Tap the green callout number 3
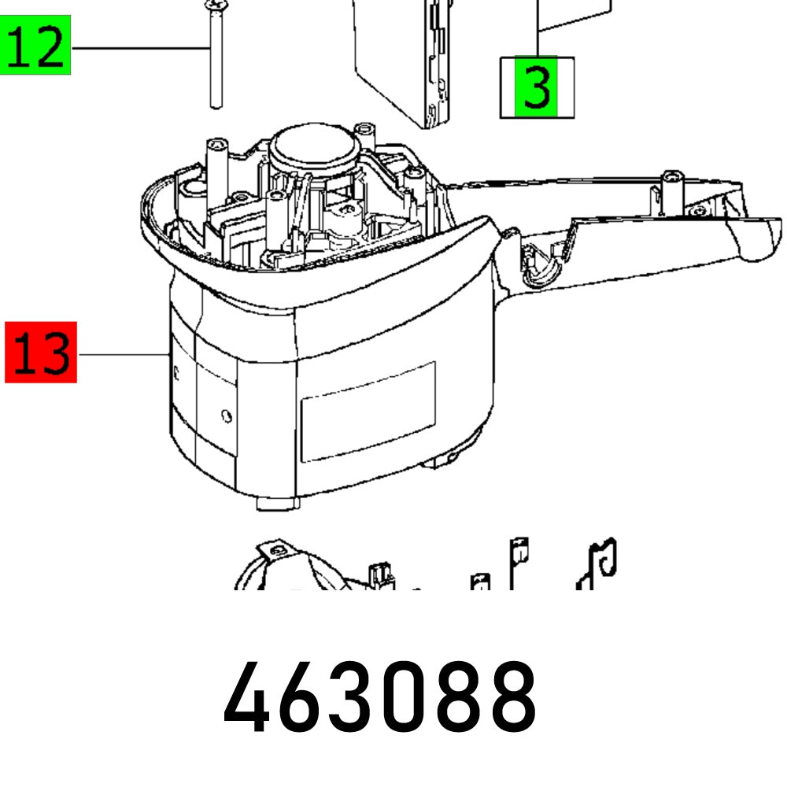pos(537,87)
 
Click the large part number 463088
pos(381,696)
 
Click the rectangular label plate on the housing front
pos(368,411)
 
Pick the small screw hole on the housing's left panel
pos(227,414)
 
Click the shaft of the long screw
pos(214,63)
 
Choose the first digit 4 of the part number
pos(251,697)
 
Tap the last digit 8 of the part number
pos(509,697)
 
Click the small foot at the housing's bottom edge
pos(277,501)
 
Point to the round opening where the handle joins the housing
pos(538,264)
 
